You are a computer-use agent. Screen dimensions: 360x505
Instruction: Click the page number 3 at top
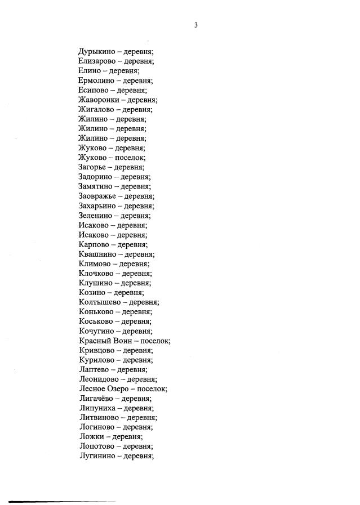pyautogui.click(x=195, y=25)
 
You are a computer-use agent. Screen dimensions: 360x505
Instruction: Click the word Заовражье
pyautogui.click(x=99, y=196)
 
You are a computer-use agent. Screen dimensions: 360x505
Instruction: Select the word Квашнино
pyautogui.click(x=99, y=254)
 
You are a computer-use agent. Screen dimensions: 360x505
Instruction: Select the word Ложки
pyautogui.click(x=92, y=436)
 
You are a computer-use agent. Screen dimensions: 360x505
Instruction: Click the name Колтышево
pyautogui.click(x=100, y=302)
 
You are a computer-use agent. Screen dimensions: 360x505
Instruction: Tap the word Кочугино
pyautogui.click(x=98, y=331)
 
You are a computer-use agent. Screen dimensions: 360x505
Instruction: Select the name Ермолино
pyautogui.click(x=97, y=81)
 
